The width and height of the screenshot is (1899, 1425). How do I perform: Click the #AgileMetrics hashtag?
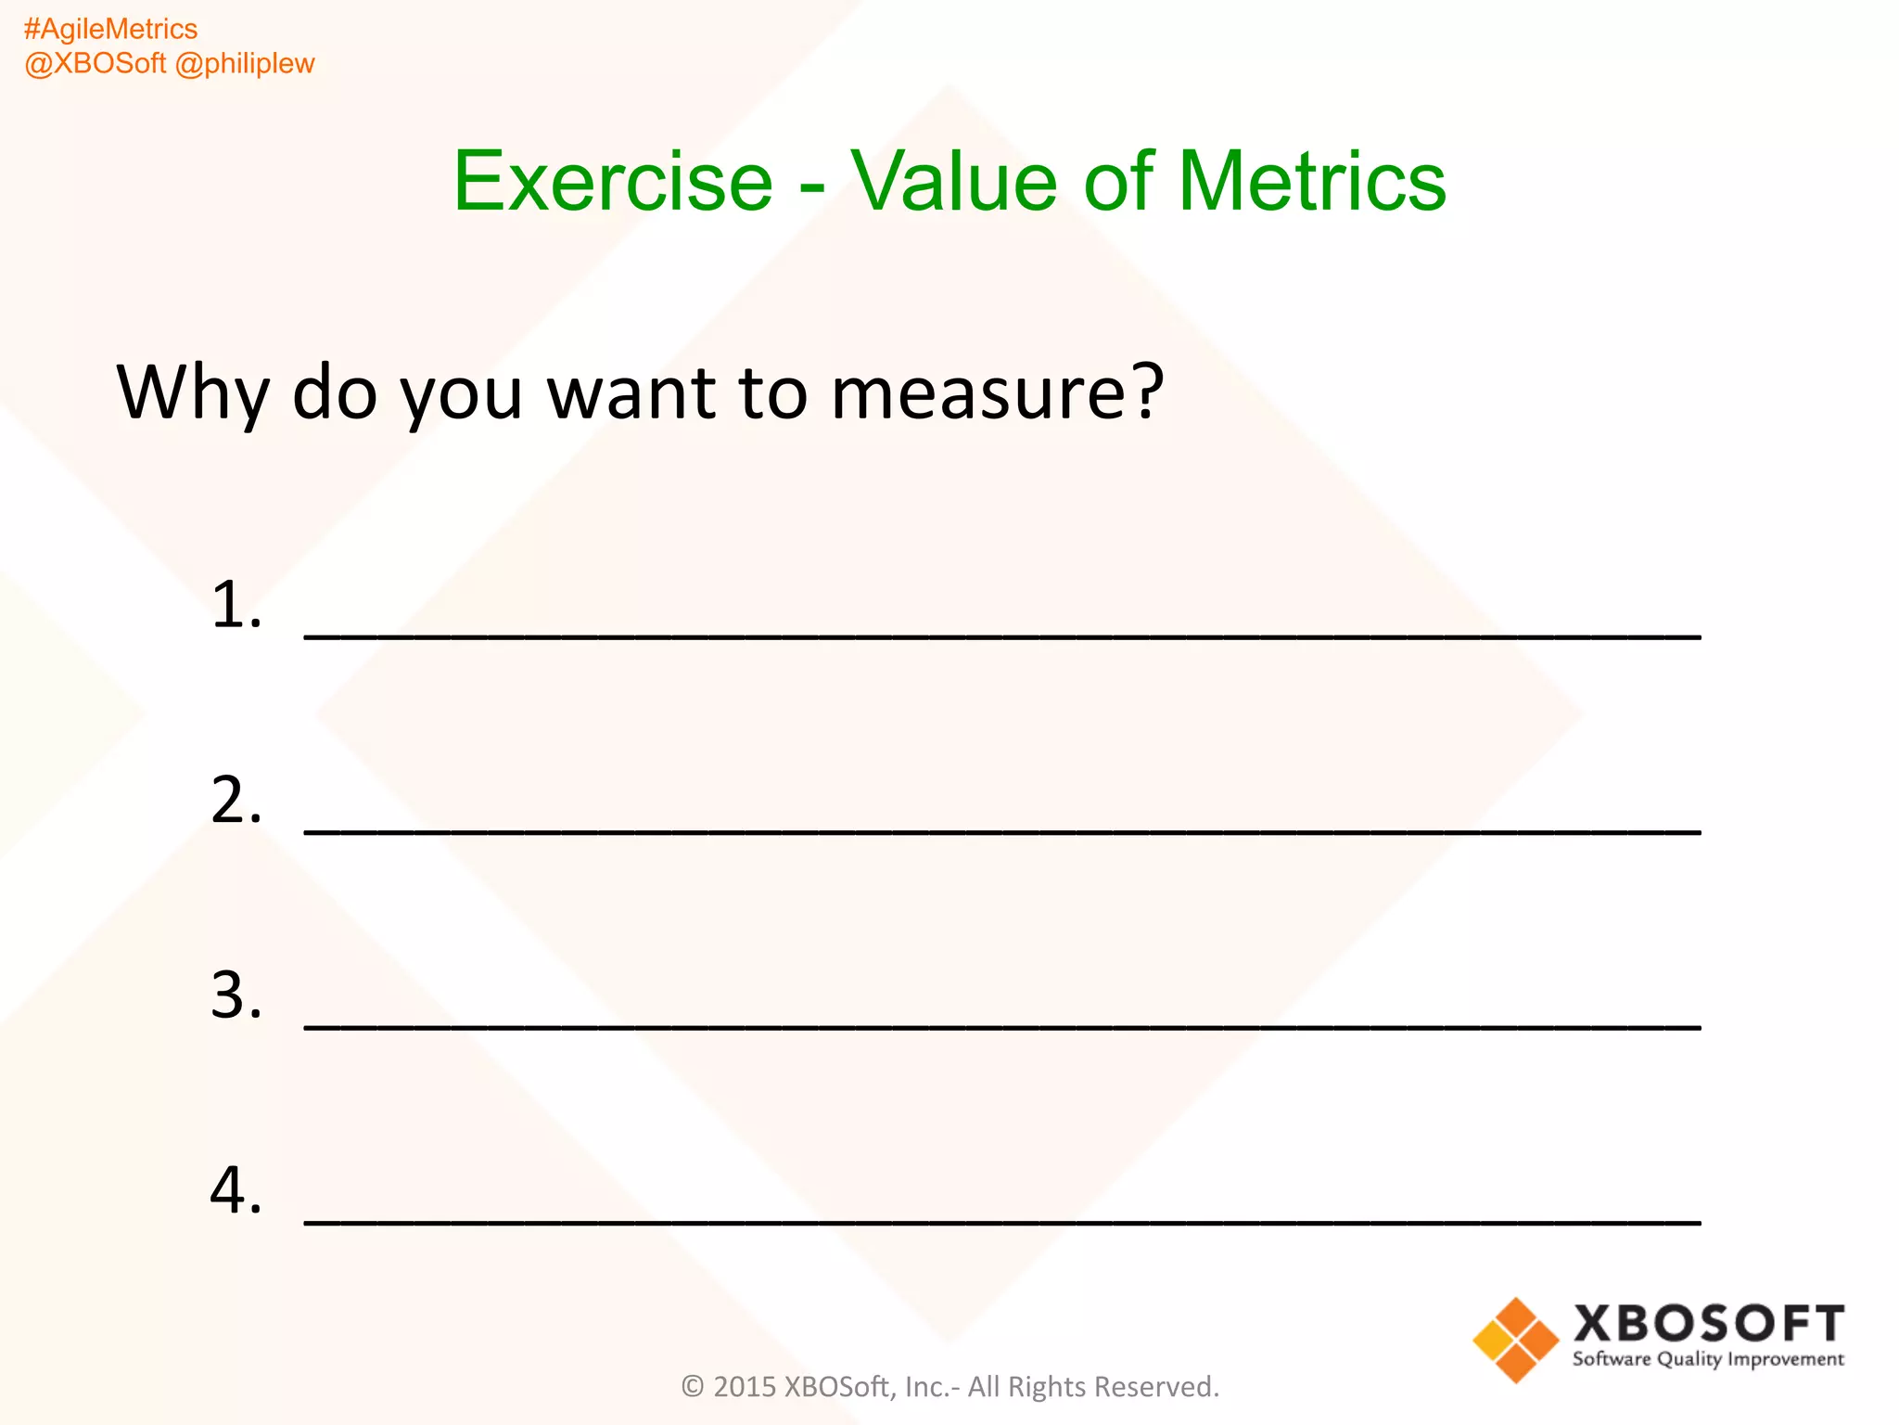click(110, 30)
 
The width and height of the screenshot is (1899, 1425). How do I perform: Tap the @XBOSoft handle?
click(95, 64)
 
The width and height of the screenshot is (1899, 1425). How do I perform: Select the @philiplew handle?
click(245, 64)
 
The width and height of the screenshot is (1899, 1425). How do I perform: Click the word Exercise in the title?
click(613, 182)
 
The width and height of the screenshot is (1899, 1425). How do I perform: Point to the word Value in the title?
click(954, 182)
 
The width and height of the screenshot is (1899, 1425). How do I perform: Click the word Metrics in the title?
click(1311, 182)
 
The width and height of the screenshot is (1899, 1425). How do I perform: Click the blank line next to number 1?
click(1001, 635)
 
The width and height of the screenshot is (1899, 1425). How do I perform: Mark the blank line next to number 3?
click(1001, 1027)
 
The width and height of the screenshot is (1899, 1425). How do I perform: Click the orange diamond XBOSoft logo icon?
click(1516, 1341)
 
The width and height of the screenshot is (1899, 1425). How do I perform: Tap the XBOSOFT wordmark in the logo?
click(1708, 1324)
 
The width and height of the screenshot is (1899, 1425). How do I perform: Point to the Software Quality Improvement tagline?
click(1708, 1360)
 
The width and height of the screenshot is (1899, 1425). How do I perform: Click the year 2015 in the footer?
click(745, 1387)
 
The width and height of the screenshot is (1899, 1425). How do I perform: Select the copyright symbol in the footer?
click(693, 1387)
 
